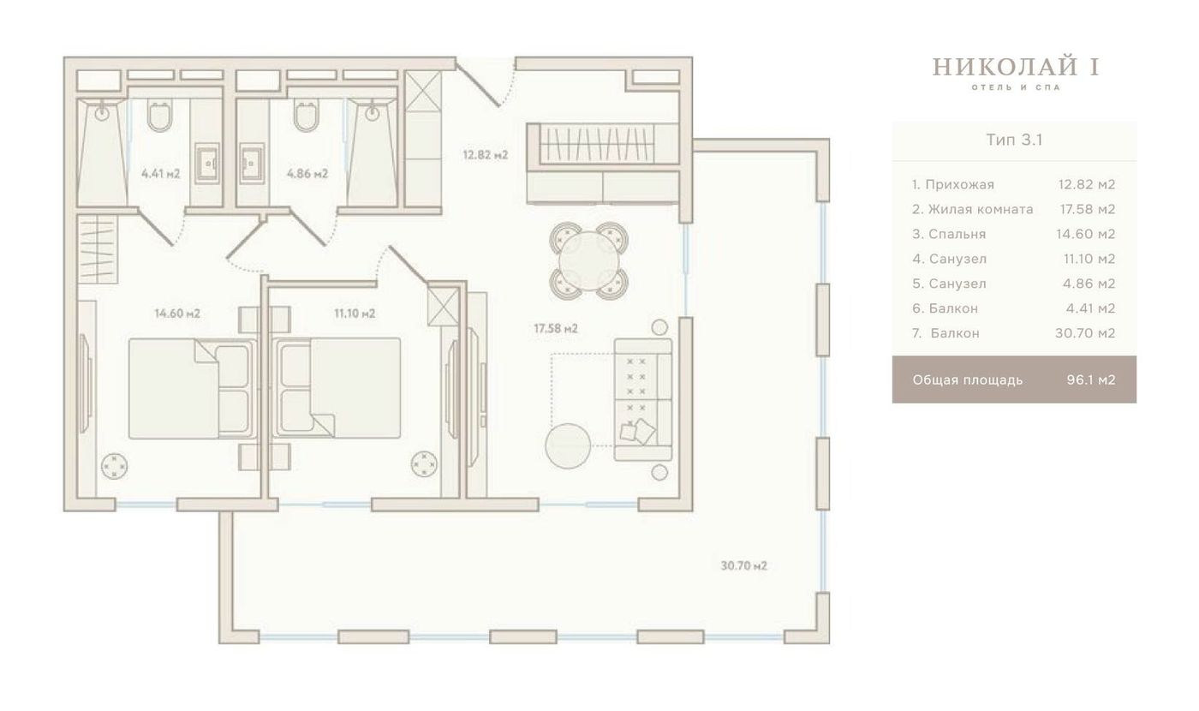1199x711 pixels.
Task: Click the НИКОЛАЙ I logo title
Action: [1016, 68]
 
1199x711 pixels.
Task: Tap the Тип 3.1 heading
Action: [1014, 140]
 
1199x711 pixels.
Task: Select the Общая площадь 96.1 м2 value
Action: [1091, 379]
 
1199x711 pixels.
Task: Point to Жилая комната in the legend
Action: [981, 209]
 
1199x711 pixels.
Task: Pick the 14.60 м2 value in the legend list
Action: [1086, 234]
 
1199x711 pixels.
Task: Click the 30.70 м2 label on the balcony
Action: [744, 566]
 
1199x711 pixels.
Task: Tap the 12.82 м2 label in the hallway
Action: [486, 155]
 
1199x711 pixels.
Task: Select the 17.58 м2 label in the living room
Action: [556, 328]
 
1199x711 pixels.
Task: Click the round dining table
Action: [589, 260]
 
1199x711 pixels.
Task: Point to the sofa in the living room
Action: [643, 399]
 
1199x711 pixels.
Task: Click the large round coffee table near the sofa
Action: [568, 446]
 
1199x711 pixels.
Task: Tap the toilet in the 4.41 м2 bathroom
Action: [159, 117]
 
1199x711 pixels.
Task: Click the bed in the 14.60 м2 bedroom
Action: [190, 388]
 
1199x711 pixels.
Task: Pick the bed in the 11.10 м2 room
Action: [337, 388]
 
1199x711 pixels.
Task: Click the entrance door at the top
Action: [479, 82]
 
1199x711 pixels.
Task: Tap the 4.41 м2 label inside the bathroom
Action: [161, 174]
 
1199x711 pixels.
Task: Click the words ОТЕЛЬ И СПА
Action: [1016, 87]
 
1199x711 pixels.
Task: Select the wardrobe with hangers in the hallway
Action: [597, 144]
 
